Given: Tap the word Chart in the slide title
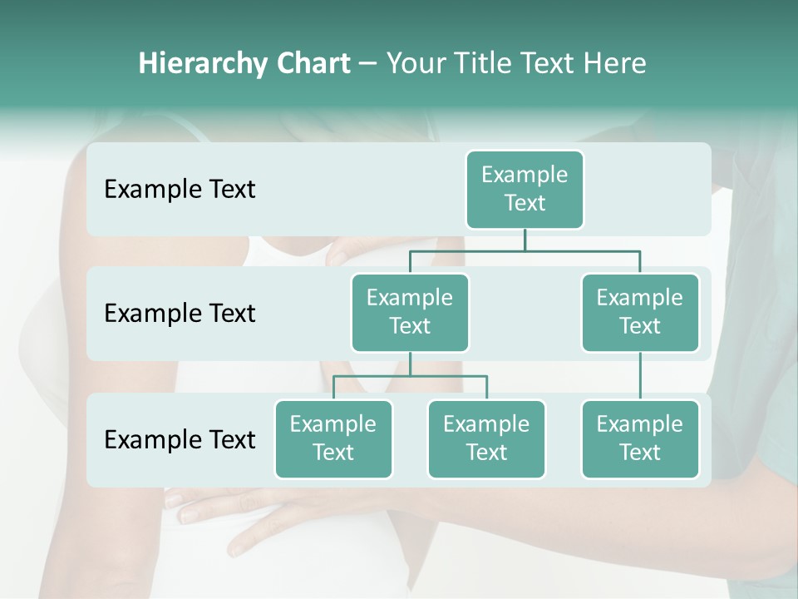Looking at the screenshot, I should (313, 64).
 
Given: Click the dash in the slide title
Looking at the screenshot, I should (368, 64).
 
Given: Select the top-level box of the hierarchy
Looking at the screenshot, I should (525, 189).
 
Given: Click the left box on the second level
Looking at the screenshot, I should (410, 312).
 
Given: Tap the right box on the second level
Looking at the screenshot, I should (640, 312).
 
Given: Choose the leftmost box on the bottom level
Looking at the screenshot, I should (333, 438).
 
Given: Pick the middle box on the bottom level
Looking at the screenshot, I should (486, 438).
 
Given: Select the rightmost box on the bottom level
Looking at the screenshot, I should (640, 438).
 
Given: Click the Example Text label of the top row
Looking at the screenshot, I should (180, 190).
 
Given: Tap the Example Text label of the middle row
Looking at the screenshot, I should (180, 314).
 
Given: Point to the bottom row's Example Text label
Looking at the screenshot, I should (180, 439).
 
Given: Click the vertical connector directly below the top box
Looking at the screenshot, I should (525, 240).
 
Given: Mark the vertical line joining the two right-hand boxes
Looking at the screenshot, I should (640, 375).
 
